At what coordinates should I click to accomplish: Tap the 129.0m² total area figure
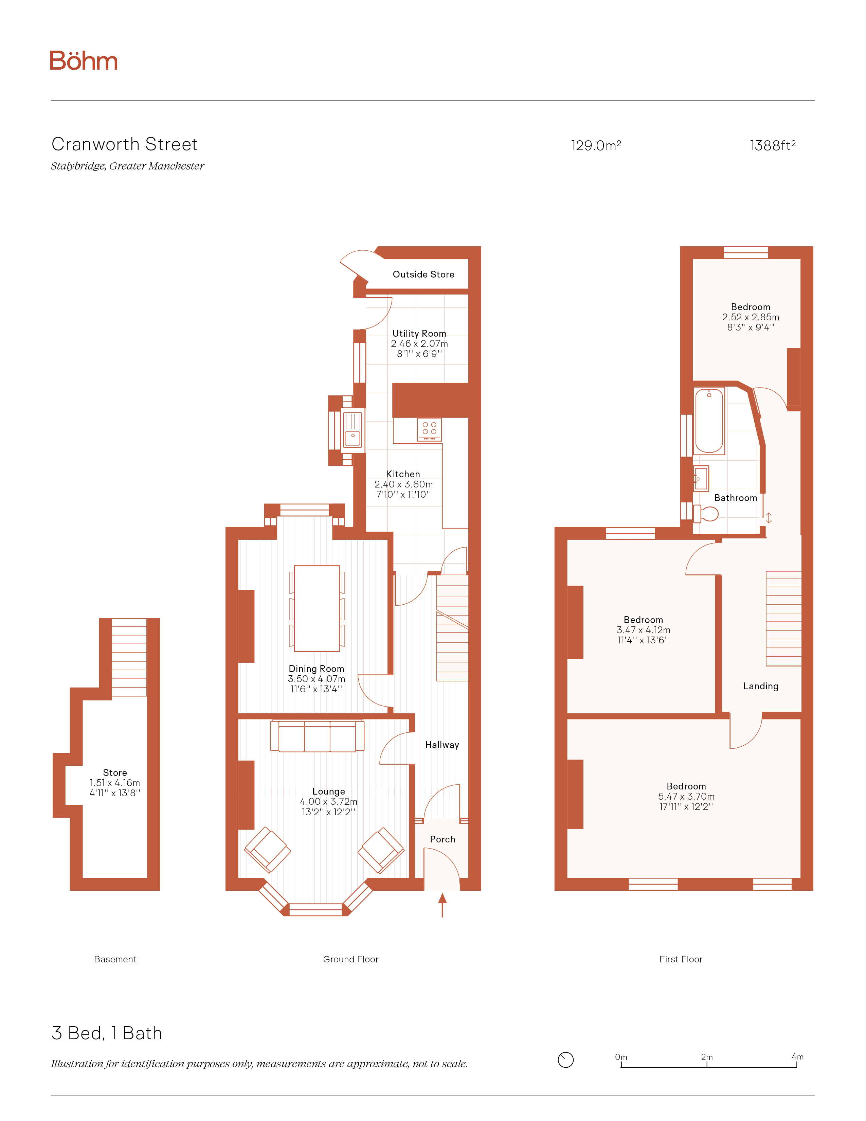(x=596, y=146)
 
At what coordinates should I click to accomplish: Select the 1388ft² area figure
(x=773, y=146)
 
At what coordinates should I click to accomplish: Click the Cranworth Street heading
(x=125, y=144)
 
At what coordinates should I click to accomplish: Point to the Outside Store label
(x=423, y=274)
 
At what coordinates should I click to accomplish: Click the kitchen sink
(x=353, y=430)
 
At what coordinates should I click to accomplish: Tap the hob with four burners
(x=429, y=430)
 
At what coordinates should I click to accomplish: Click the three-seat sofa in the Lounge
(x=317, y=736)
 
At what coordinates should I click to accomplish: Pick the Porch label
(x=442, y=839)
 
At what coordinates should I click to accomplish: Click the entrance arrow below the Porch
(x=442, y=905)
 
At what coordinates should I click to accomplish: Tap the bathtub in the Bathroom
(x=709, y=421)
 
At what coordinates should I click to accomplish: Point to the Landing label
(x=760, y=686)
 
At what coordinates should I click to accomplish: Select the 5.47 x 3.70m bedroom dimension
(x=686, y=797)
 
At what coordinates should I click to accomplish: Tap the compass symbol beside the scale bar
(x=565, y=1060)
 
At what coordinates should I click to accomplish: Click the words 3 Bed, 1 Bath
(x=107, y=1033)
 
